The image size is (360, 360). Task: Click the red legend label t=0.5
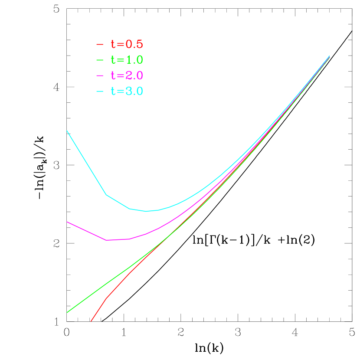point(127,44)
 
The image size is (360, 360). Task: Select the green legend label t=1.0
point(127,60)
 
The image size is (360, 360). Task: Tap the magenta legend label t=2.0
point(127,75)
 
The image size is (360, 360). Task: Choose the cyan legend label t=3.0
point(127,91)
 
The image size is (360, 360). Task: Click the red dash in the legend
point(100,44)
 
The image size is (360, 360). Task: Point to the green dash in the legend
point(100,60)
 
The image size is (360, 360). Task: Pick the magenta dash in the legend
point(100,75)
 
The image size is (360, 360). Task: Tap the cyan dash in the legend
point(100,91)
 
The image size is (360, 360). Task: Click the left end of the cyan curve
point(67,131)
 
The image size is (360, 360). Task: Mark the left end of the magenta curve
point(67,222)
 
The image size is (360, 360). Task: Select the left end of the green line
point(67,312)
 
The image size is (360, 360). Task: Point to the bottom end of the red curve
point(91,321)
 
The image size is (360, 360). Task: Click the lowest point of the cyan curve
point(146,211)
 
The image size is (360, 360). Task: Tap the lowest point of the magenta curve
point(107,240)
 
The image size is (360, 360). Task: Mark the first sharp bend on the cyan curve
point(106,195)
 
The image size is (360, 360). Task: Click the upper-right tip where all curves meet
point(330,56)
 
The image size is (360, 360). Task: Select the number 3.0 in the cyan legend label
point(134,91)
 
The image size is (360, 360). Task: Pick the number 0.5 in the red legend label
point(134,44)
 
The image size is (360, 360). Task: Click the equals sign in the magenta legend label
point(120,75)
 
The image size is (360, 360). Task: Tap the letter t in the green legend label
point(113,60)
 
